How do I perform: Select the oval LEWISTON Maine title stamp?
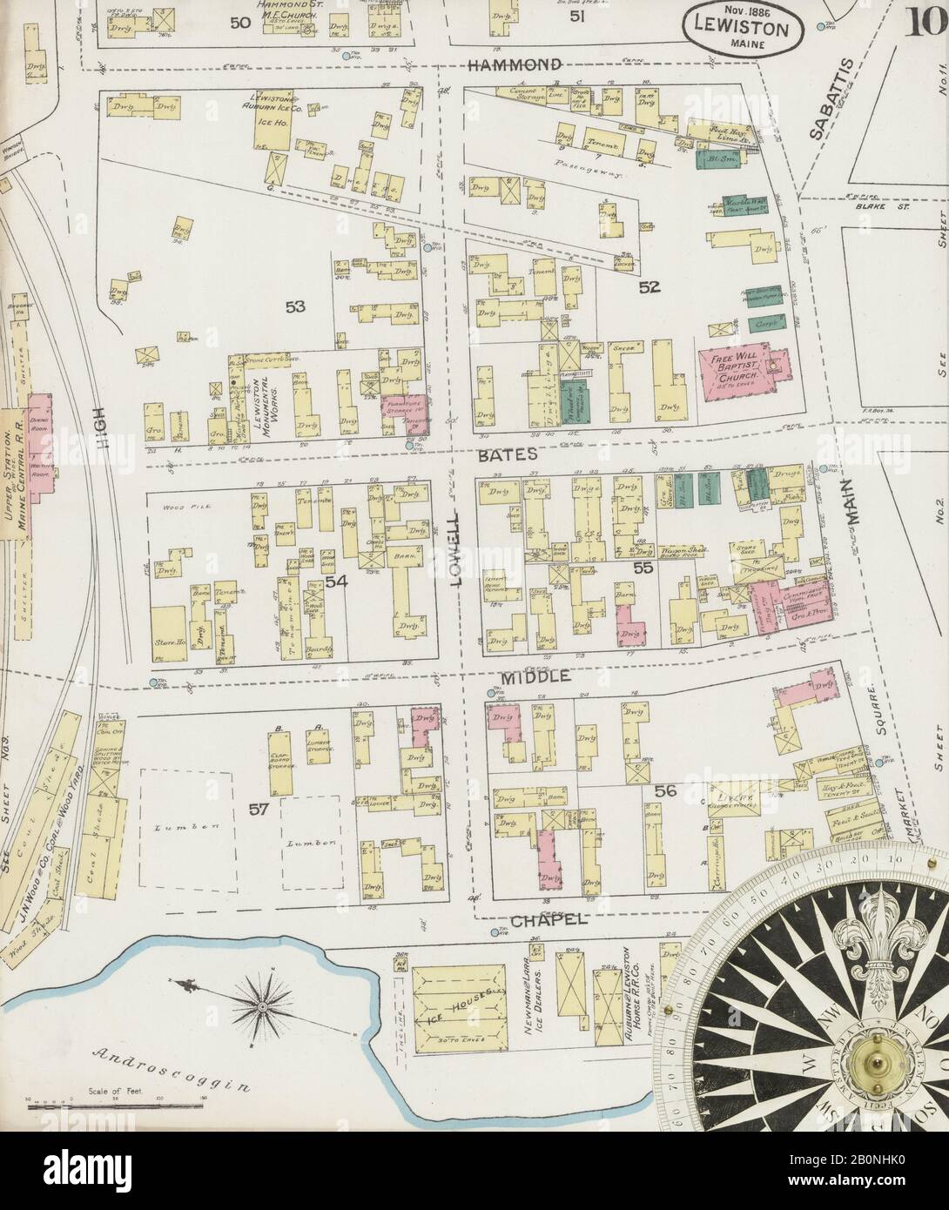tap(741, 27)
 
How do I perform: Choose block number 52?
tap(649, 286)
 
